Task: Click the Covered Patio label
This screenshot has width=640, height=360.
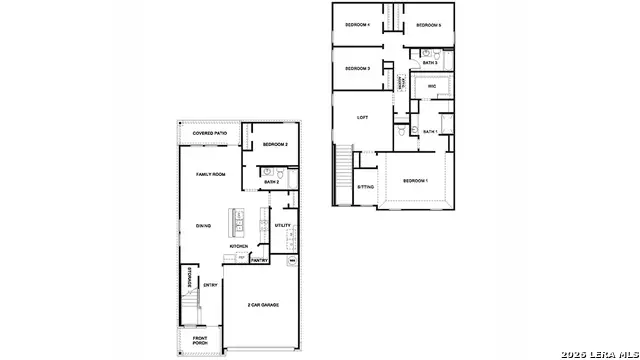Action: click(209, 133)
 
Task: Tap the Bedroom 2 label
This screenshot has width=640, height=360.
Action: click(275, 145)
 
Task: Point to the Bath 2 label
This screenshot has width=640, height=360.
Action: click(271, 182)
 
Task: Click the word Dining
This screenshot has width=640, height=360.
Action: click(202, 225)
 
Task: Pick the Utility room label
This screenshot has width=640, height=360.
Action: click(283, 225)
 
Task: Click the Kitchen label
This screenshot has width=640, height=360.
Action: click(239, 246)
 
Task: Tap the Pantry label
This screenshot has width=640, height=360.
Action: click(259, 260)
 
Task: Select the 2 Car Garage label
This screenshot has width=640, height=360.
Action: click(264, 304)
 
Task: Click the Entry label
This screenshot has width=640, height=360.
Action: click(211, 285)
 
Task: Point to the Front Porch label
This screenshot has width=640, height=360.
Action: click(201, 341)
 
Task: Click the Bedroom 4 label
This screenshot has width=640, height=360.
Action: click(357, 24)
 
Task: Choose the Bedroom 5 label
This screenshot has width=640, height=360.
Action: click(428, 24)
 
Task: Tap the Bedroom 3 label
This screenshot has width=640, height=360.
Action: click(357, 68)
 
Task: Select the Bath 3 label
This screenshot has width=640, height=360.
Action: click(430, 62)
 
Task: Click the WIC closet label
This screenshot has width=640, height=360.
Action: click(432, 87)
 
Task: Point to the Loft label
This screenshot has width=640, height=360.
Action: click(363, 117)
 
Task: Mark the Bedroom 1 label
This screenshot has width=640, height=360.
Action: click(415, 180)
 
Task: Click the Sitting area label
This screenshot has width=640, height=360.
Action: click(366, 187)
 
